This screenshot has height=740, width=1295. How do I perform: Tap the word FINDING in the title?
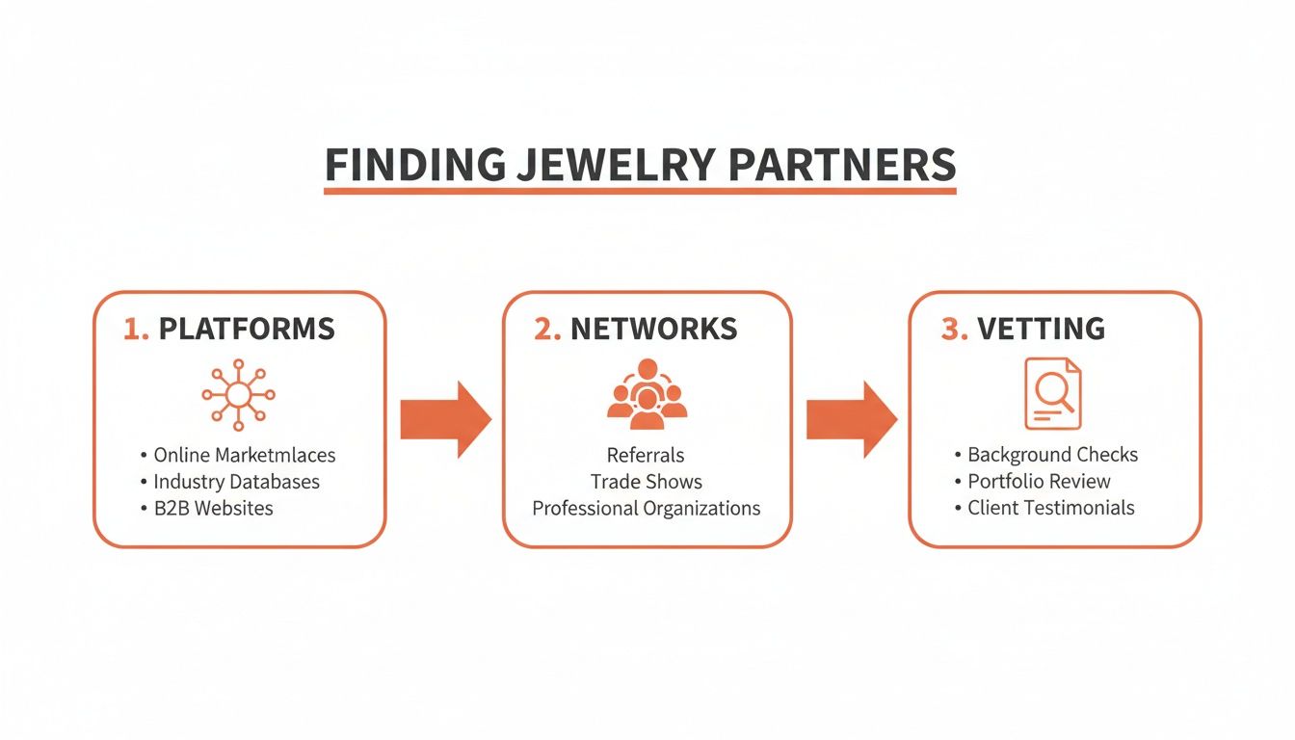(x=414, y=165)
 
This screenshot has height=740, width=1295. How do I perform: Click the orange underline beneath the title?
(x=640, y=192)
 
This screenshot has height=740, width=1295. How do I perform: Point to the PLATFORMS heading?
(x=246, y=329)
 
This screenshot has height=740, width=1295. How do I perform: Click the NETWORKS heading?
(x=653, y=329)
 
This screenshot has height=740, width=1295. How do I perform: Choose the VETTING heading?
(x=1041, y=329)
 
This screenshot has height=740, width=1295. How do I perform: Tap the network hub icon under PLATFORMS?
(x=238, y=394)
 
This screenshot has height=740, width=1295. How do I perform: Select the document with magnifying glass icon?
(x=1052, y=393)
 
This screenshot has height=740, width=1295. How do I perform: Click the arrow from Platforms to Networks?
(x=445, y=419)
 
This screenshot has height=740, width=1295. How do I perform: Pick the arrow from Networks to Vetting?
(x=851, y=419)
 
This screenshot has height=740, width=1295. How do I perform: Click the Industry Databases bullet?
(x=236, y=482)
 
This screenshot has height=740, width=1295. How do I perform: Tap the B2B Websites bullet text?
(x=213, y=508)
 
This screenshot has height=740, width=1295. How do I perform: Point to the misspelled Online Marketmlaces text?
(x=245, y=455)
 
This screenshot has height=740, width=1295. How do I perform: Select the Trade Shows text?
(x=647, y=482)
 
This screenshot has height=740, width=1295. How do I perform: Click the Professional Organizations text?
(x=647, y=508)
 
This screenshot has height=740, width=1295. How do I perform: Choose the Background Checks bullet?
(x=1052, y=455)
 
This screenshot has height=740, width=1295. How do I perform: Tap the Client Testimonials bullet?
(x=1050, y=508)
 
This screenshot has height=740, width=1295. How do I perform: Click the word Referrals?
(x=647, y=455)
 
